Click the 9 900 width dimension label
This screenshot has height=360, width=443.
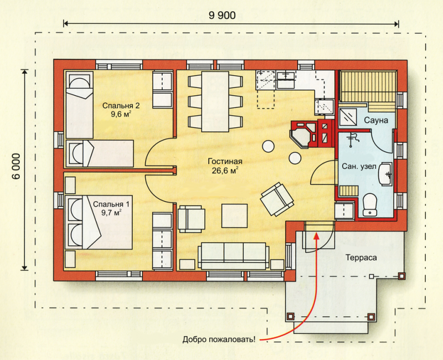222,15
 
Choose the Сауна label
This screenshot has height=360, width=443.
376,120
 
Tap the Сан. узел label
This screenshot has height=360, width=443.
359,167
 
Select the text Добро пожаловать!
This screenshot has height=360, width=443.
219,339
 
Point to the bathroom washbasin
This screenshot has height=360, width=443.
385,174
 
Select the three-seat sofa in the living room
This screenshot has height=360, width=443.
233,255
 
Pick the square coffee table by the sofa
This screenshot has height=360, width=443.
234,215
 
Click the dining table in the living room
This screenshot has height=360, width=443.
215,101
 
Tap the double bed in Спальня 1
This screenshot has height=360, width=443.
99,222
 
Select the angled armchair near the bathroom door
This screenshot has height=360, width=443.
277,199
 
